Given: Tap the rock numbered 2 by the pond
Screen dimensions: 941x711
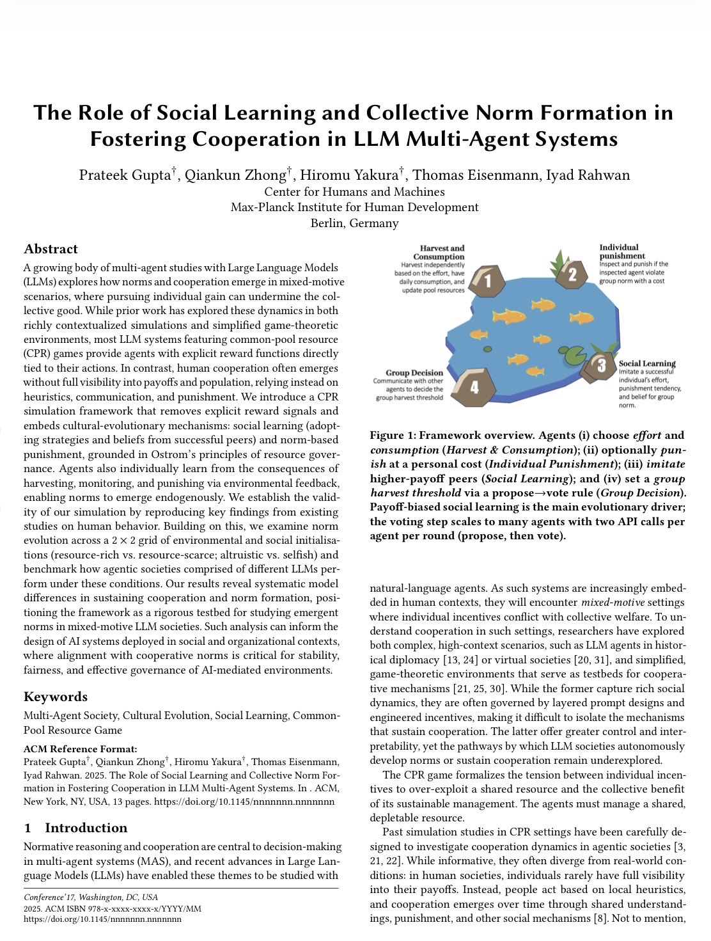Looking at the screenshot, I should click(x=572, y=274).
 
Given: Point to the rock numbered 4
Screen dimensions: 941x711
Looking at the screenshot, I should click(x=474, y=386).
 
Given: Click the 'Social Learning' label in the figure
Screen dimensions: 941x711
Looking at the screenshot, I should click(x=647, y=363).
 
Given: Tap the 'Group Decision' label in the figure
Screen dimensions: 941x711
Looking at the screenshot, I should click(x=414, y=372).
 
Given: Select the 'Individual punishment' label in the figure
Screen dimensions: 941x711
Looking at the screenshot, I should click(x=619, y=251).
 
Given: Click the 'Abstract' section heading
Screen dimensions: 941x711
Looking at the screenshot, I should click(x=51, y=249).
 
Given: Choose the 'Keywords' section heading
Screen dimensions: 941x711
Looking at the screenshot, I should click(x=56, y=697).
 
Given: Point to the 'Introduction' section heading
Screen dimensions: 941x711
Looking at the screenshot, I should click(x=86, y=828).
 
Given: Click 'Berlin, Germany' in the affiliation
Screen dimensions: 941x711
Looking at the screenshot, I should click(x=354, y=223).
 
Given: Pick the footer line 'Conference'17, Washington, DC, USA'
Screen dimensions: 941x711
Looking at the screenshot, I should click(x=91, y=897).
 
